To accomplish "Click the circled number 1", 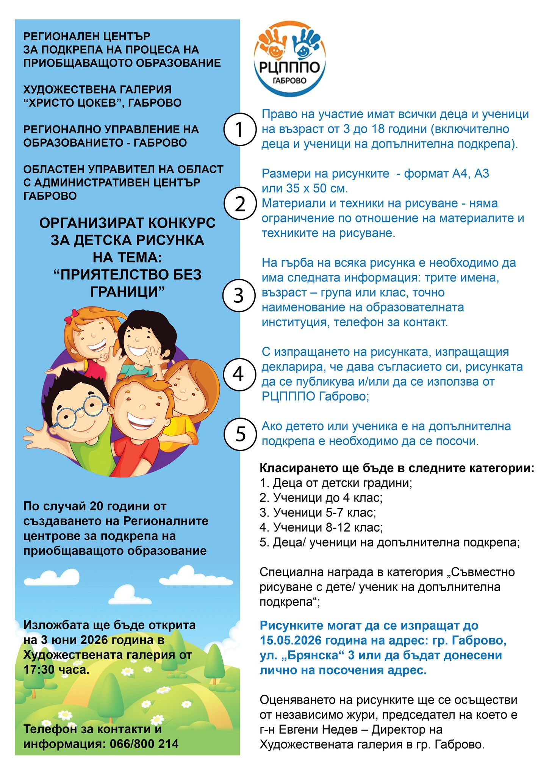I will click(239, 130).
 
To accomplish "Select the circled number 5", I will click(241, 434).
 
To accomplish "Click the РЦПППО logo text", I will click(290, 68).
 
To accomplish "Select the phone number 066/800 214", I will click(144, 744).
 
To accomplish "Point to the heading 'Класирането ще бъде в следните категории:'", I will click(397, 468).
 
